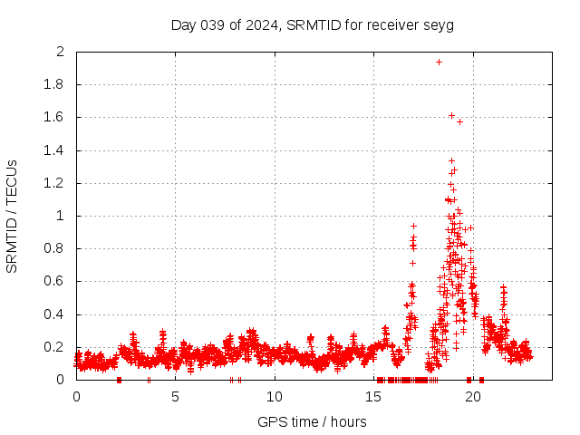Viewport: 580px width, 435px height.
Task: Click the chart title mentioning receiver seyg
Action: coord(313,24)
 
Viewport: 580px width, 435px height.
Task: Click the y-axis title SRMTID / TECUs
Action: coord(12,217)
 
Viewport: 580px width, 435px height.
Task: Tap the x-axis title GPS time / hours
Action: coord(313,421)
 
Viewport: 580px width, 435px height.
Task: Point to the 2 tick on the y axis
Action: coord(60,52)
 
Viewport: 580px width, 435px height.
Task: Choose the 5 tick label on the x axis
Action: coord(176,397)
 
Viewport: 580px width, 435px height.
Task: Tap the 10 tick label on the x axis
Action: coord(275,397)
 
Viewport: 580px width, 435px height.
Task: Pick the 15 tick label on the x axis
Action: coord(374,397)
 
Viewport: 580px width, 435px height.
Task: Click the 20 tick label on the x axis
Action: coord(473,397)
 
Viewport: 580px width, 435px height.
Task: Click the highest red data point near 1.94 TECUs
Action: coord(439,62)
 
